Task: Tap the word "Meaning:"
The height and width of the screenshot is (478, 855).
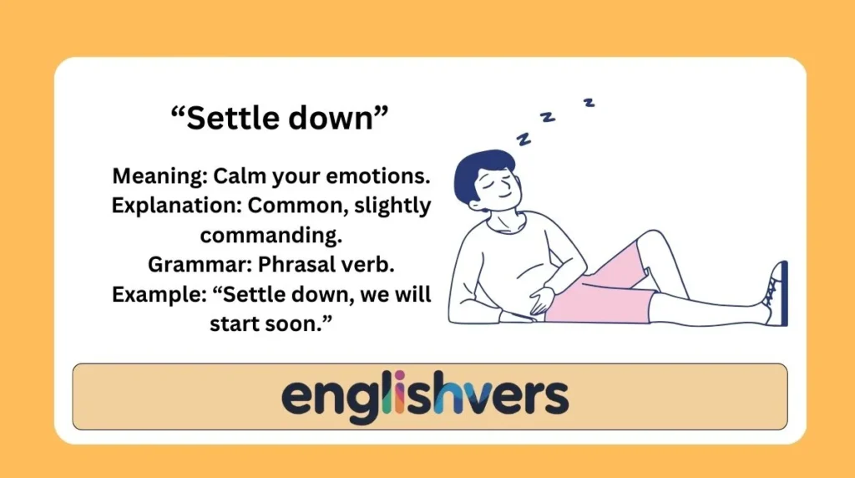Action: point(159,176)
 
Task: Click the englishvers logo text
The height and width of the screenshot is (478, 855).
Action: point(425,396)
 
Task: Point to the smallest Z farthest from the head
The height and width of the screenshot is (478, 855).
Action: point(589,103)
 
